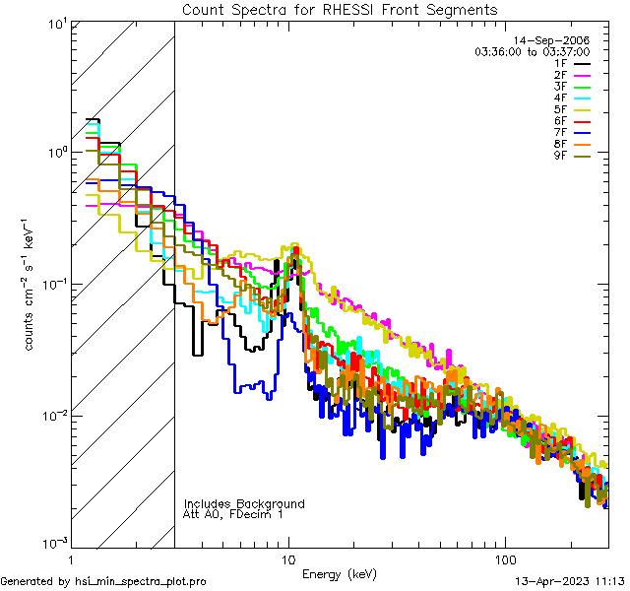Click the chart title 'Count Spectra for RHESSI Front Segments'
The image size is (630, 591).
[x=340, y=10]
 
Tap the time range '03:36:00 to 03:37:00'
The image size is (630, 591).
[x=545, y=51]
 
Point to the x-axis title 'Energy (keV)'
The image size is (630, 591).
[x=340, y=573]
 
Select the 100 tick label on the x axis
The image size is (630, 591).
[x=504, y=559]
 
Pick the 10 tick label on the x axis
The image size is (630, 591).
[x=287, y=559]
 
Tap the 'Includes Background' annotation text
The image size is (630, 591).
[x=244, y=503]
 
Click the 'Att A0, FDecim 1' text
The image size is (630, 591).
[x=233, y=514]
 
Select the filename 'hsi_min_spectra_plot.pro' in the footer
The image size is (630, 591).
[x=141, y=582]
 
